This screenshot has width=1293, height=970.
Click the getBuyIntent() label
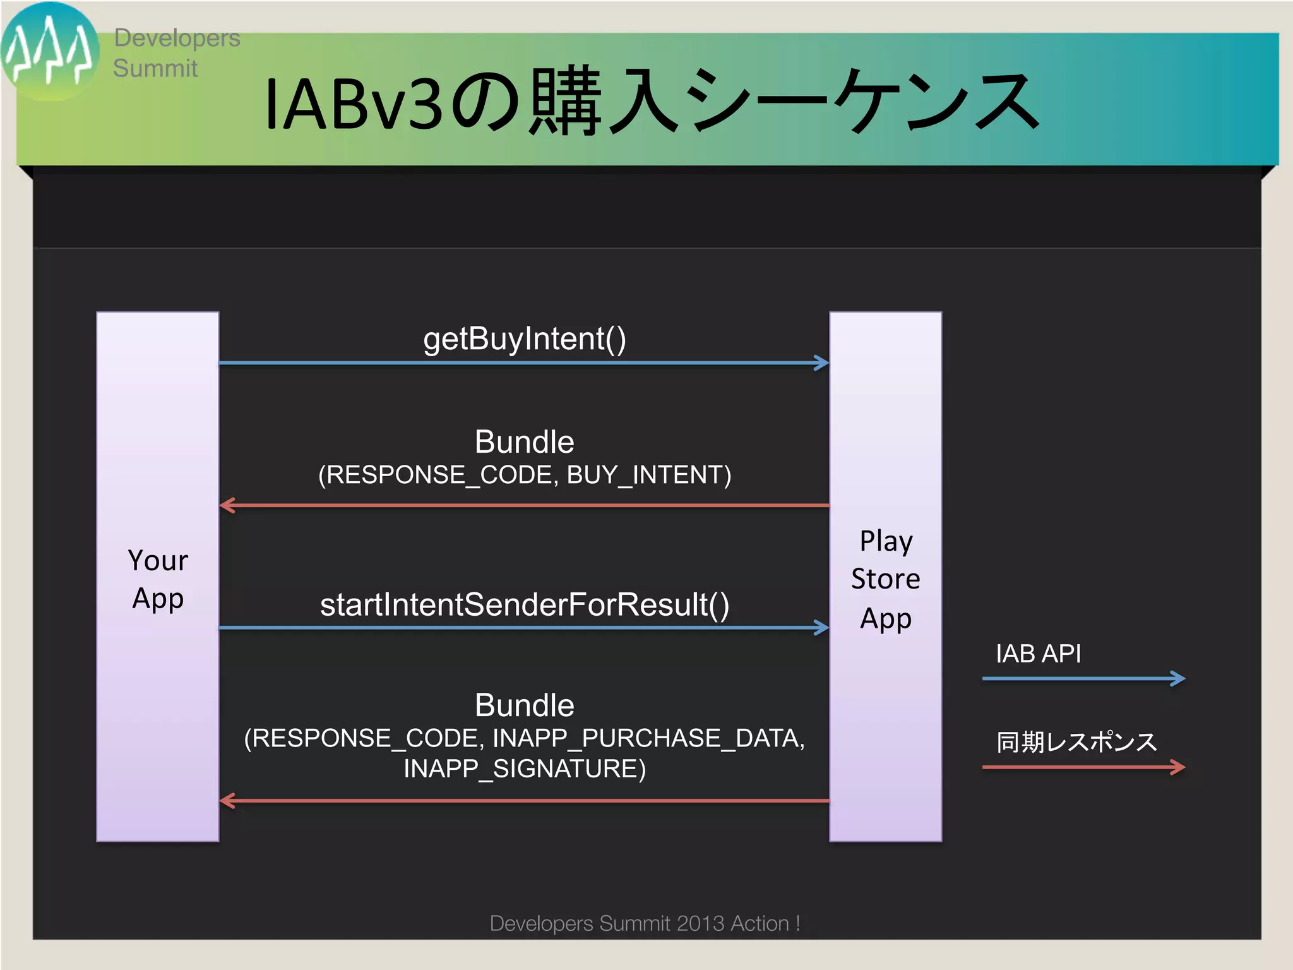pos(524,339)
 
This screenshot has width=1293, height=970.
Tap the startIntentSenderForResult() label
pos(524,604)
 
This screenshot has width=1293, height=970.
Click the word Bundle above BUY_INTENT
pos(524,442)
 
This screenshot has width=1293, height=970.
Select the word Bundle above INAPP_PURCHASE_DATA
pos(524,705)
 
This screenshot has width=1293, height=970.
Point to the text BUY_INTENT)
pos(648,475)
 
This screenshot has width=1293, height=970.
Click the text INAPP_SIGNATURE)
pos(524,769)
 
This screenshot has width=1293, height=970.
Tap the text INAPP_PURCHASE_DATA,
pos(648,738)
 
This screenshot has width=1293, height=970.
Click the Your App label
pos(158,579)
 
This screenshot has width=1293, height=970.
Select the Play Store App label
pos(885,579)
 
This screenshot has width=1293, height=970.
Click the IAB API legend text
pos(1038,654)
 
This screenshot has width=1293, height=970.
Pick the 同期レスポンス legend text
pos(1076,742)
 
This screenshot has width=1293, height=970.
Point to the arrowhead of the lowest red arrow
pos(227,801)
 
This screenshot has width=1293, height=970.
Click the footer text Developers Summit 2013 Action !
pos(645,923)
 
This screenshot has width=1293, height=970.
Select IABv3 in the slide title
pos(354,104)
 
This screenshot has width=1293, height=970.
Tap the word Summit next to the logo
pos(155,68)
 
